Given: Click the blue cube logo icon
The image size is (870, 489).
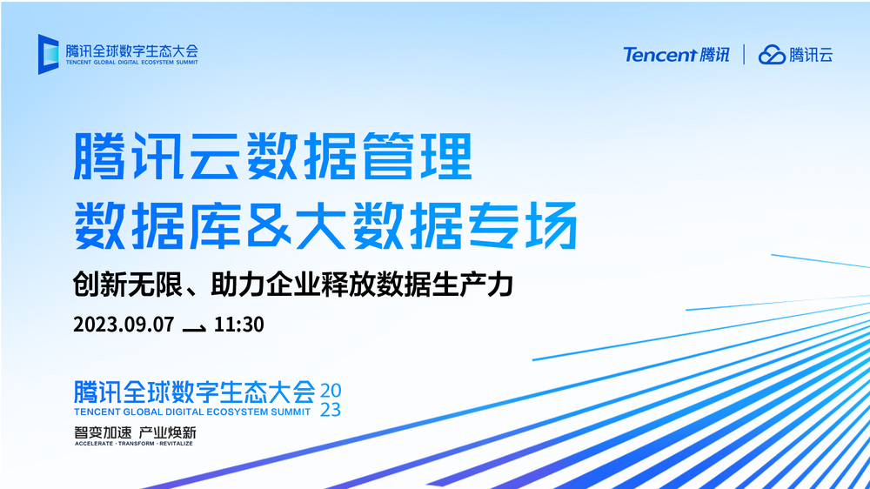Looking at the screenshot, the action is [x=48, y=54].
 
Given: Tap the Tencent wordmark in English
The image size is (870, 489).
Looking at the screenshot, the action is [x=659, y=55].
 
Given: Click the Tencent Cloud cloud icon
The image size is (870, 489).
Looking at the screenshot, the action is [x=772, y=55].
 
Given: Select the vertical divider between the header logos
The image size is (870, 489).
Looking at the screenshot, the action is [x=744, y=55].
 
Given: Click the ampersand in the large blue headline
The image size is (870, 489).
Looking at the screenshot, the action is [x=269, y=226].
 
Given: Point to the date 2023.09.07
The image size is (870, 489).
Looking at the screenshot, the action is [x=124, y=325].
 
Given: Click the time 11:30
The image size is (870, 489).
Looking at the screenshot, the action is [x=238, y=325].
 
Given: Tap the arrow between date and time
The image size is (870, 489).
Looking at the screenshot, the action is [x=194, y=329].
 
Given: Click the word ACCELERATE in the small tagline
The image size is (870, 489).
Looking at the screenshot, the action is [x=94, y=444].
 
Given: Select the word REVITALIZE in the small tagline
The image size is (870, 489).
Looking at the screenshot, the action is [x=176, y=444].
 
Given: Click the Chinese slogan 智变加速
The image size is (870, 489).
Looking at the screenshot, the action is [x=103, y=432].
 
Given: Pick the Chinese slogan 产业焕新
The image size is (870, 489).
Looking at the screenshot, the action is [x=167, y=432].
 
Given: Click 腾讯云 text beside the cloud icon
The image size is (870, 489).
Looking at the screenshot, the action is [x=811, y=55].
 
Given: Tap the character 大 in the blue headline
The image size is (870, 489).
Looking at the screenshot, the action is [x=321, y=226].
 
